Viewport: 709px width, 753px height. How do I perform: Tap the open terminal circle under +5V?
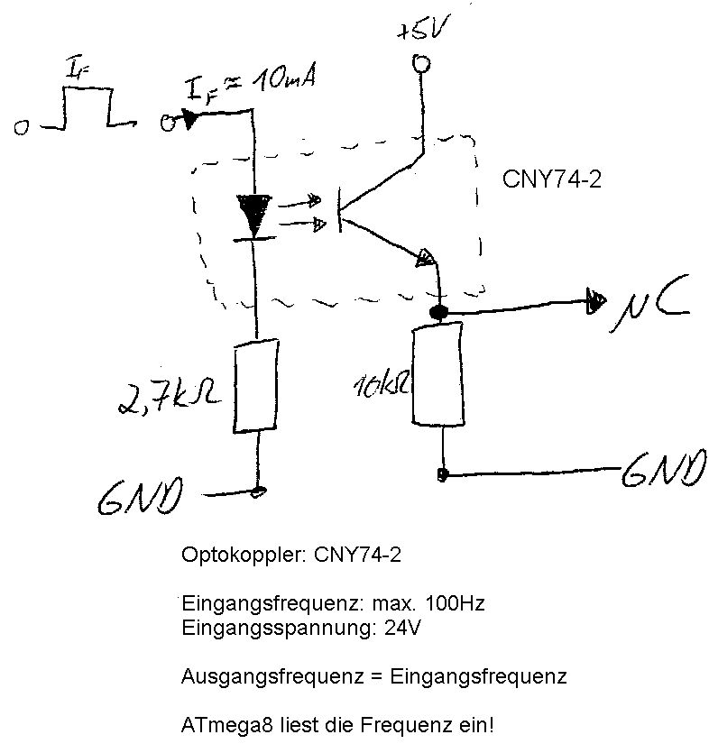(419, 63)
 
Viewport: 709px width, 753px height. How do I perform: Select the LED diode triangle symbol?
(255, 214)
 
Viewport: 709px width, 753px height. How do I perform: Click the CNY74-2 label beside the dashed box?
(551, 179)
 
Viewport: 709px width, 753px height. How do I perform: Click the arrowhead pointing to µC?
(595, 299)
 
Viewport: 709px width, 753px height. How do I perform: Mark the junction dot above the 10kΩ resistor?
(438, 313)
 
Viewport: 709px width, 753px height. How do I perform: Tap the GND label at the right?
(664, 469)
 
